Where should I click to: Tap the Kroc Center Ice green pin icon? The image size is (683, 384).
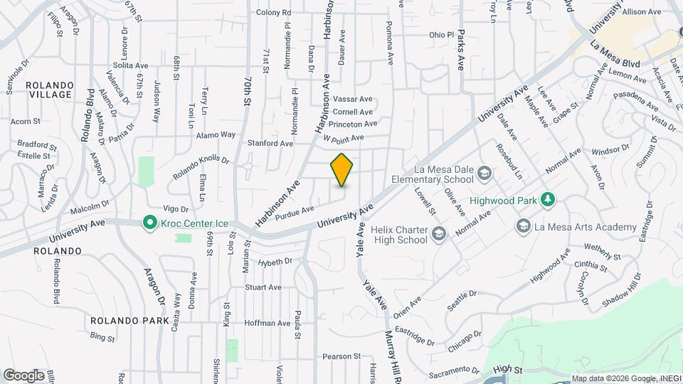pyautogui.click(x=149, y=223)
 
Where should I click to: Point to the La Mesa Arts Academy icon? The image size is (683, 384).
pyautogui.click(x=524, y=227)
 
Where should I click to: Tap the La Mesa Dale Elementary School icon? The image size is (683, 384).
pyautogui.click(x=484, y=174)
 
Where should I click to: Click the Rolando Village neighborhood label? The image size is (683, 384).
pyautogui.click(x=49, y=90)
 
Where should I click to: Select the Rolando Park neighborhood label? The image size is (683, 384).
pyautogui.click(x=130, y=320)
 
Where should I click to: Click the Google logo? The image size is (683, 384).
pyautogui.click(x=23, y=375)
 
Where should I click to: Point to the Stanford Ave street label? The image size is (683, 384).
pyautogui.click(x=270, y=143)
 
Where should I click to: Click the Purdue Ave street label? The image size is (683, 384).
pyautogui.click(x=295, y=210)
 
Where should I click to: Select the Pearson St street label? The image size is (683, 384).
pyautogui.click(x=341, y=356)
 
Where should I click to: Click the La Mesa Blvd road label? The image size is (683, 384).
pyautogui.click(x=615, y=53)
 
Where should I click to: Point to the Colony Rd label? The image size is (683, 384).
pyautogui.click(x=274, y=12)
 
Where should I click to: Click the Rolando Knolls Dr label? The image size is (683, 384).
pyautogui.click(x=202, y=167)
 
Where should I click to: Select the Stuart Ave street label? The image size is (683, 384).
pyautogui.click(x=263, y=287)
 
